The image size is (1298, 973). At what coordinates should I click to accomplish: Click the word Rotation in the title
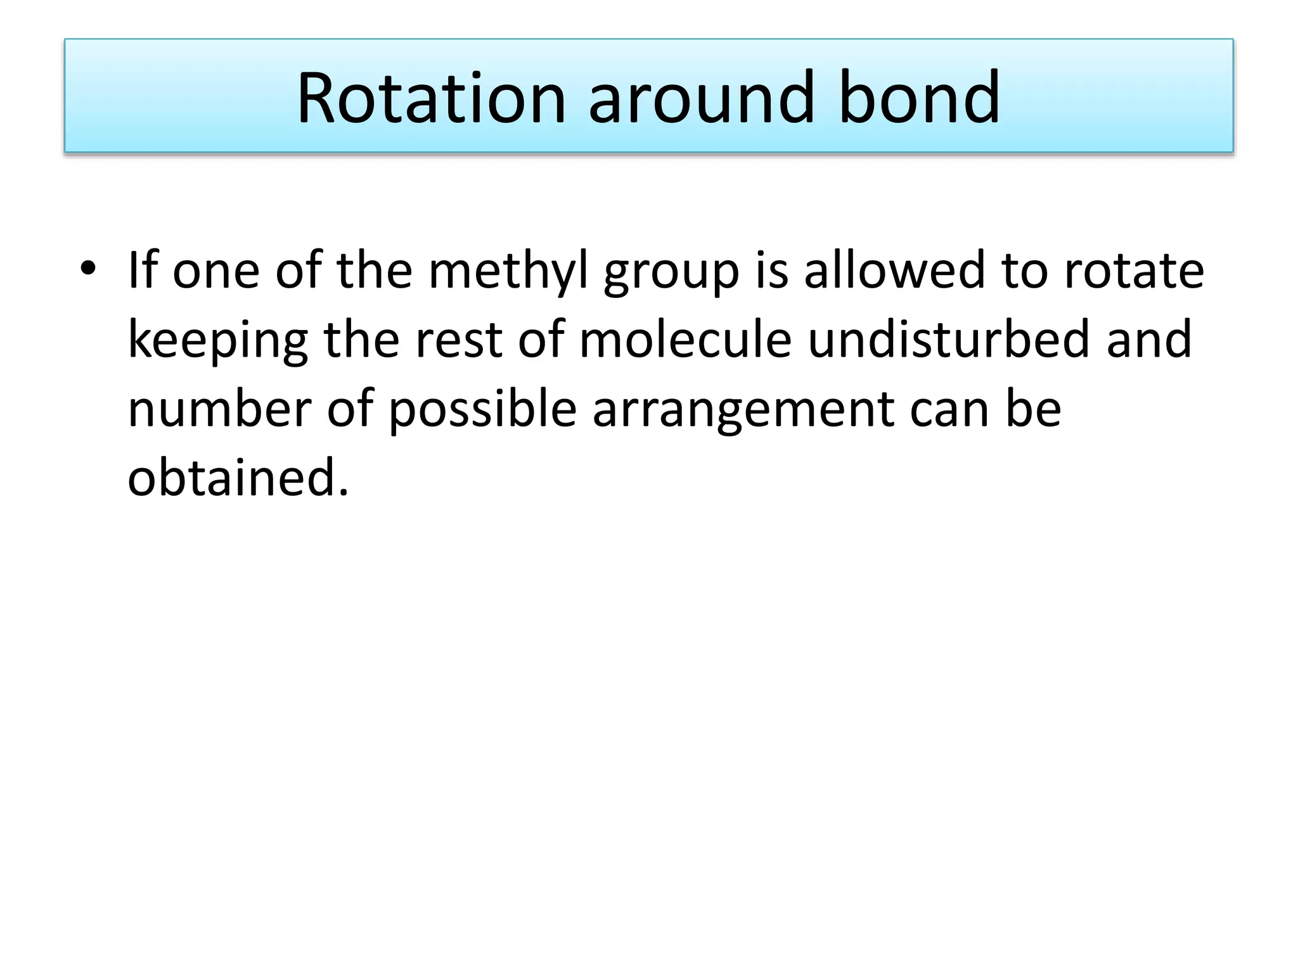pyautogui.click(x=431, y=98)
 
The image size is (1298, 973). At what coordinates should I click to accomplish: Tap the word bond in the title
pyautogui.click(x=920, y=98)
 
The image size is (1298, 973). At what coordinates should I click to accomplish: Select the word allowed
pyautogui.click(x=896, y=269)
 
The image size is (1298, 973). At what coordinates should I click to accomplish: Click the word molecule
pyautogui.click(x=685, y=339)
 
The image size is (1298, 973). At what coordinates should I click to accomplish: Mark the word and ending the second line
pyautogui.click(x=1149, y=339)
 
